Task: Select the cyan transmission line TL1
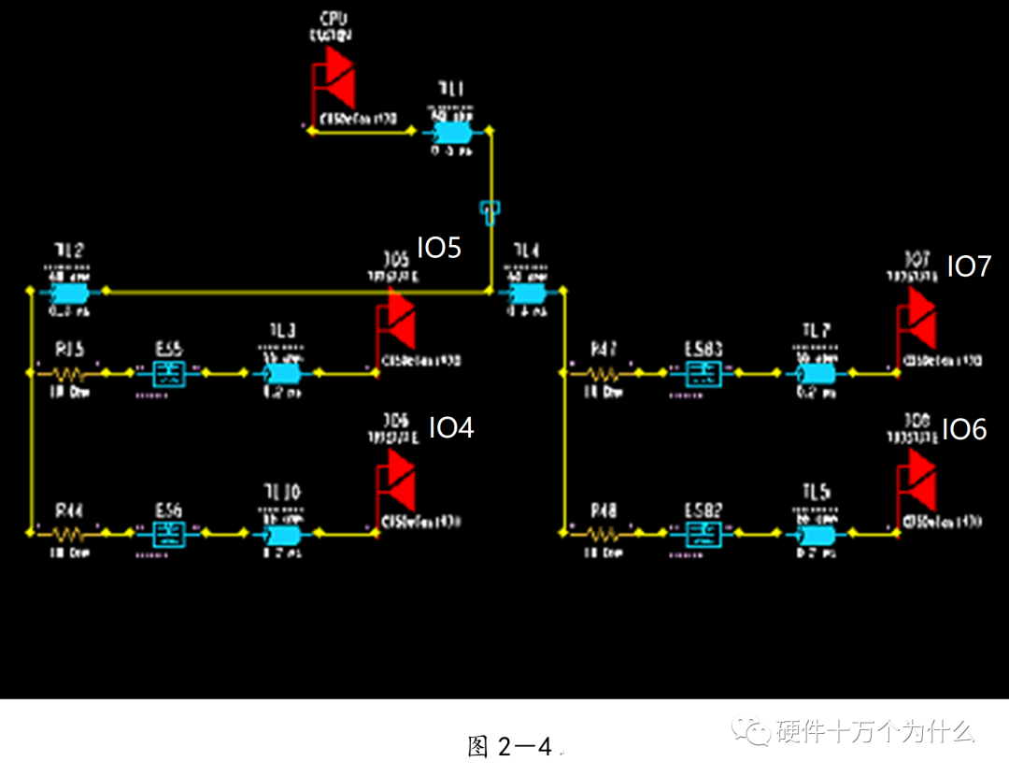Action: [451, 132]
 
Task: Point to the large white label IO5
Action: [438, 248]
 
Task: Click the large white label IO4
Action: [451, 428]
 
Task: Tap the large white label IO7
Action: [969, 266]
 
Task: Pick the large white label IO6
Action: [963, 429]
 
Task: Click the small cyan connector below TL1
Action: [489, 212]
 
